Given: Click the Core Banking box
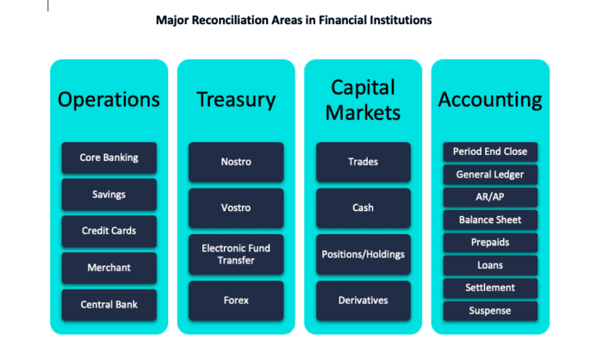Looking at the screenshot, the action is pyautogui.click(x=109, y=158).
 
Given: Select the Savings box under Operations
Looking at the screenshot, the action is pyautogui.click(x=109, y=195).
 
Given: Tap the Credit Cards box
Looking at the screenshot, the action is pyautogui.click(x=109, y=231).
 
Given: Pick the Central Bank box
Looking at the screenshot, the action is pyautogui.click(x=109, y=305).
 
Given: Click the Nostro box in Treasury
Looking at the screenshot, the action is pyautogui.click(x=236, y=162).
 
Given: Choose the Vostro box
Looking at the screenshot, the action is pyautogui.click(x=236, y=208).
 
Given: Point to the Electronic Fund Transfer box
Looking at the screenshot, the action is pyautogui.click(x=236, y=255).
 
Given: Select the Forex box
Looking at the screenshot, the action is pyautogui.click(x=236, y=301).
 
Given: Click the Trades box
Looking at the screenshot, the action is pyautogui.click(x=364, y=162).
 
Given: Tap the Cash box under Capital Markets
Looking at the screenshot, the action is pyautogui.click(x=364, y=208).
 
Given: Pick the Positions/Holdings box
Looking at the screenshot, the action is pyautogui.click(x=364, y=255).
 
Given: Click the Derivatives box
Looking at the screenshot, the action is pyautogui.click(x=364, y=301).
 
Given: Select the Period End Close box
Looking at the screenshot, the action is pyautogui.click(x=490, y=152).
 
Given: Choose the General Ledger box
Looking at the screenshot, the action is pyautogui.click(x=490, y=175).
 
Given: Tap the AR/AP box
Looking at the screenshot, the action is pyautogui.click(x=490, y=197).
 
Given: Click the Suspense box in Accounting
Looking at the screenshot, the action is pyautogui.click(x=490, y=311).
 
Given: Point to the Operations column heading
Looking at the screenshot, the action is pyautogui.click(x=109, y=100).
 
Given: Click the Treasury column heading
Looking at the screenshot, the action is pyautogui.click(x=236, y=100).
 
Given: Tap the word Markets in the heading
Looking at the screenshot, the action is pyautogui.click(x=363, y=113).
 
